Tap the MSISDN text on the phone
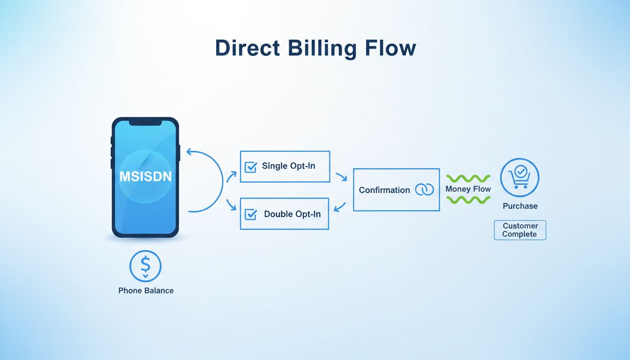point(145,177)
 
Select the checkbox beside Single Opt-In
point(251,167)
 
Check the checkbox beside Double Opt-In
point(251,214)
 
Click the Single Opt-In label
point(289,166)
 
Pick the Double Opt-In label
point(292,214)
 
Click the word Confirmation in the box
point(384,190)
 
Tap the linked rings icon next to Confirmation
point(425,189)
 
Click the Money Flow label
point(468,189)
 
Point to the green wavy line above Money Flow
point(468,179)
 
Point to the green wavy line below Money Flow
point(468,200)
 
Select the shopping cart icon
point(520,178)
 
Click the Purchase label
point(520,206)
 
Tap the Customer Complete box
point(520,230)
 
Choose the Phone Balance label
point(146,291)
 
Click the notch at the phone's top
point(145,123)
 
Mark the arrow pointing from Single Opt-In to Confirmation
point(341,177)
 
